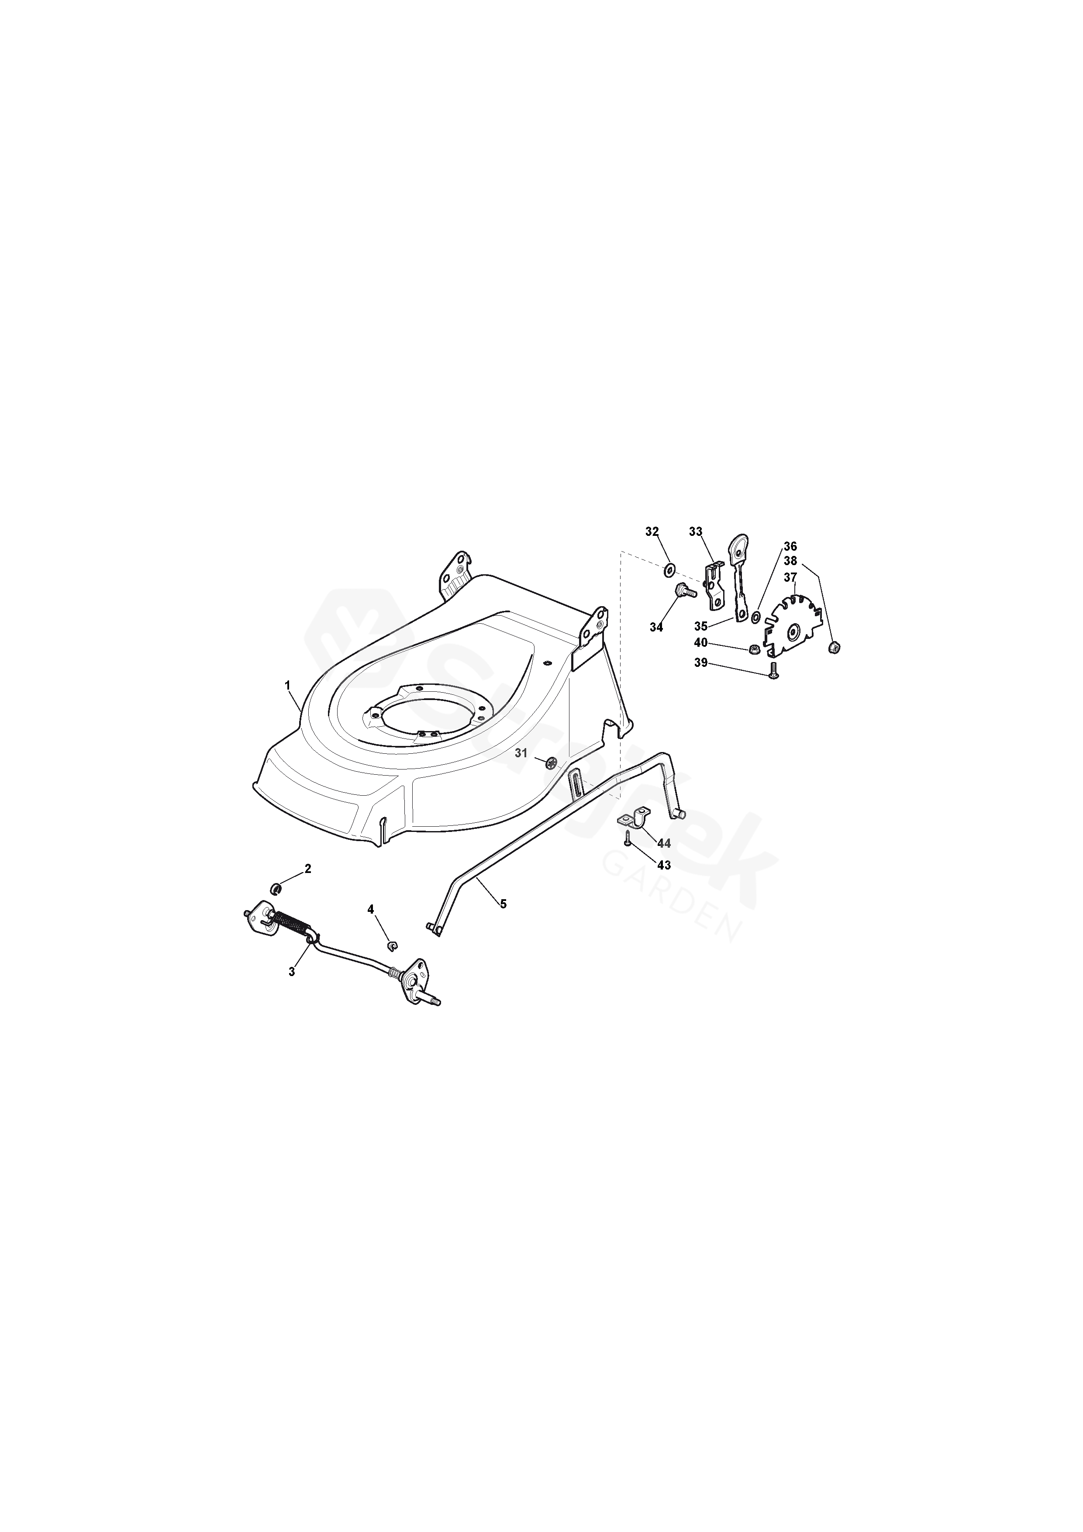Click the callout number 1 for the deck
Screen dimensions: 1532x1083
pyautogui.click(x=288, y=685)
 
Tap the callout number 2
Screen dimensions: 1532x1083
pyautogui.click(x=307, y=869)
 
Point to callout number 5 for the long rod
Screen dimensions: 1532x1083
pyautogui.click(x=503, y=904)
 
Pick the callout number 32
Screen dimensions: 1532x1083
pyautogui.click(x=652, y=531)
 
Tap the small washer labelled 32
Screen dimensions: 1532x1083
pyautogui.click(x=669, y=570)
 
